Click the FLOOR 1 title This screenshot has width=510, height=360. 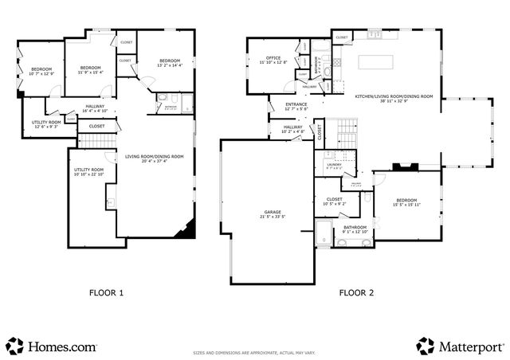click(105, 292)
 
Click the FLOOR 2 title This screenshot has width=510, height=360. click(356, 292)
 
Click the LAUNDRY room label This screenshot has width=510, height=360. click(334, 165)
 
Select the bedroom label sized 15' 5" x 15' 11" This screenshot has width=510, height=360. click(407, 202)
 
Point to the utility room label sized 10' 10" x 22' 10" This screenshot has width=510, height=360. click(88, 172)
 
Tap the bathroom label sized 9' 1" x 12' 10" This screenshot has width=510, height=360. click(355, 229)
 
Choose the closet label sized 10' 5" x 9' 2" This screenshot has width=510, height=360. click(334, 202)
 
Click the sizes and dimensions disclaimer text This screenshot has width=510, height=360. click(255, 353)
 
